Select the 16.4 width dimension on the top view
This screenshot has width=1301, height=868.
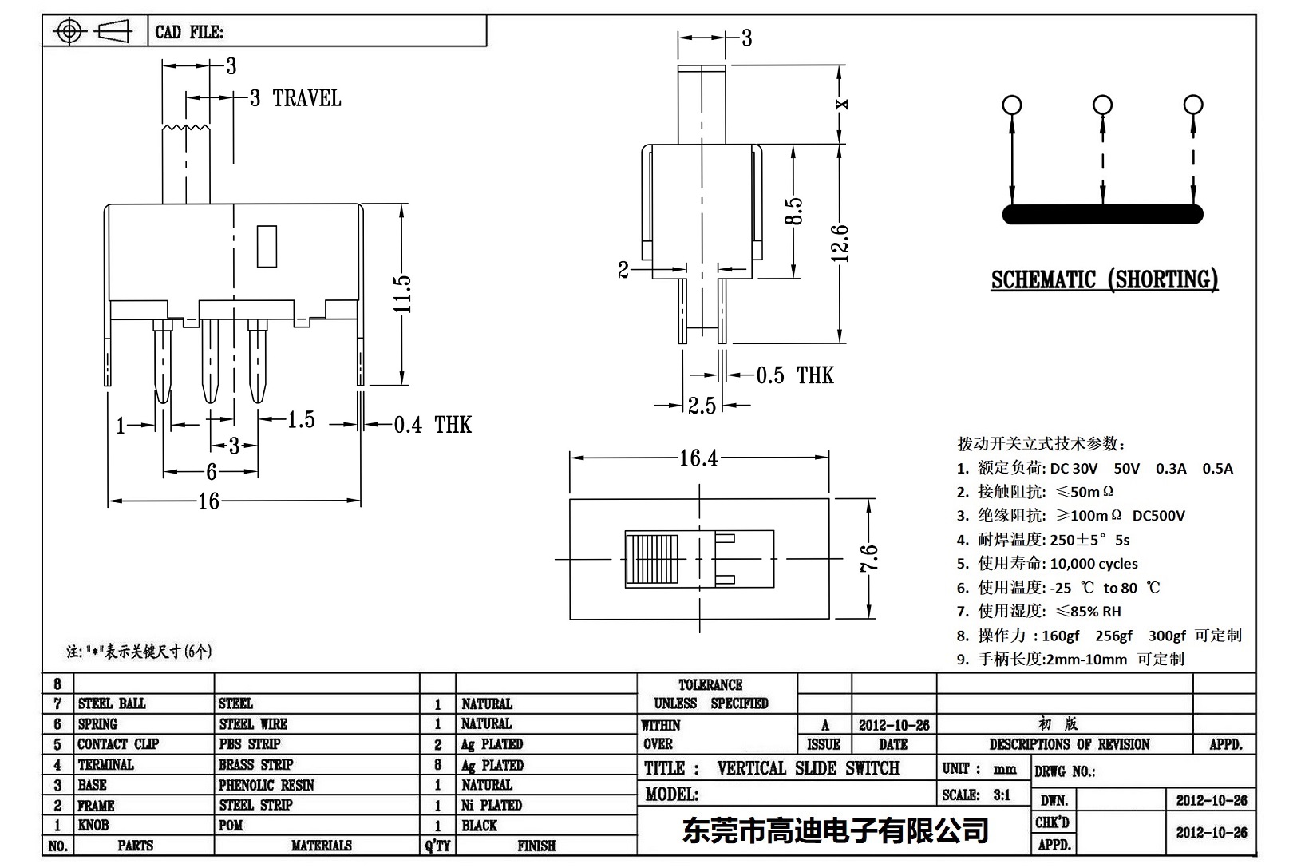[698, 458]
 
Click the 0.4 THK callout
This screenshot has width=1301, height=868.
[432, 425]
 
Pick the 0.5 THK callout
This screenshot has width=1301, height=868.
[794, 375]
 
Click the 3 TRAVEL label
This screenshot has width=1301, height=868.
[295, 98]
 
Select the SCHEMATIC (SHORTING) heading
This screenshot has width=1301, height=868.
[1104, 279]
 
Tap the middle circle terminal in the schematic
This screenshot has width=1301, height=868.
[1102, 105]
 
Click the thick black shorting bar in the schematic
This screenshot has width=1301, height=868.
[1102, 214]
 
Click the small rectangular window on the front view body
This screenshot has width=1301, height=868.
[267, 246]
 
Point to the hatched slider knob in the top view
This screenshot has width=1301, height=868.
[652, 559]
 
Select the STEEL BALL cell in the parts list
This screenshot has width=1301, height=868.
[112, 704]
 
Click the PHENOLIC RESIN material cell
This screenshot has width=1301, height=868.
[267, 785]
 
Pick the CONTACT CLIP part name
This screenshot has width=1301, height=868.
[118, 744]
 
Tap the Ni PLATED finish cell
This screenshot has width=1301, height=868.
[491, 805]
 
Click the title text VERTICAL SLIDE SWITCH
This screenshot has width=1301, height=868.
[807, 768]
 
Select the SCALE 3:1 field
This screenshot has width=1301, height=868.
[975, 795]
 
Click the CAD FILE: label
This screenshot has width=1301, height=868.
[189, 32]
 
